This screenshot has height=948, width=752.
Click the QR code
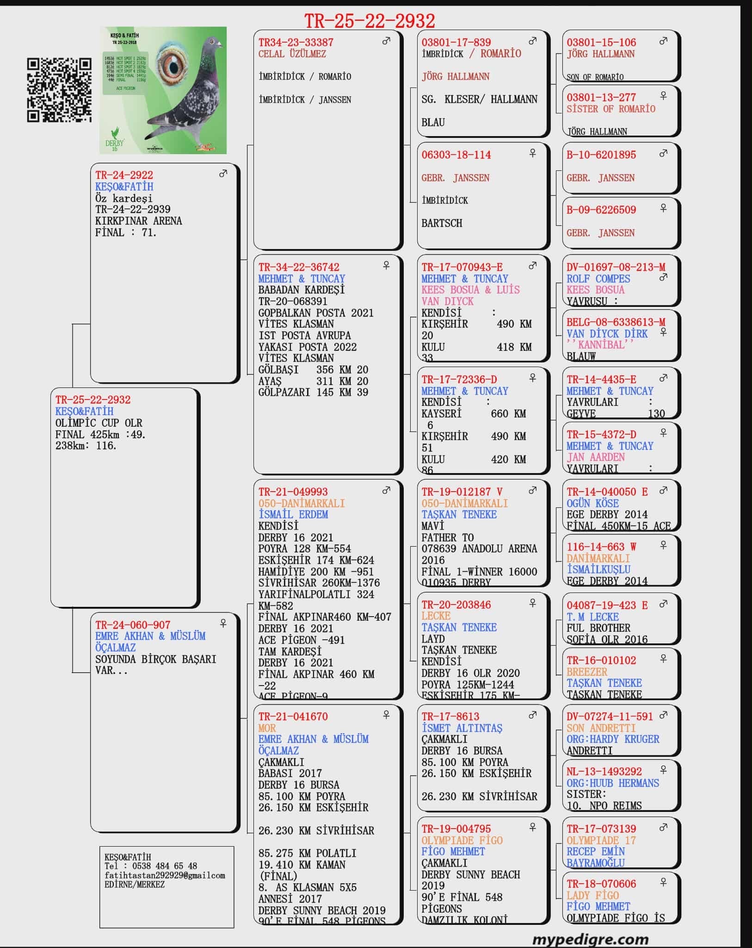(x=59, y=90)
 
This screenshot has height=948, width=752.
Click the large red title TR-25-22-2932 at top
(x=370, y=21)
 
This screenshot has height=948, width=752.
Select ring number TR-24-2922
(x=124, y=175)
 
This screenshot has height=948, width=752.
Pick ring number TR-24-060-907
(x=133, y=625)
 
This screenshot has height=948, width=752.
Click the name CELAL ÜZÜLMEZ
(x=292, y=54)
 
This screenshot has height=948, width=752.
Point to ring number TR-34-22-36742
(x=299, y=267)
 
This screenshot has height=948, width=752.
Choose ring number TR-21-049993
(x=293, y=492)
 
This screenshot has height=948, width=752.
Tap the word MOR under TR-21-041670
(x=267, y=728)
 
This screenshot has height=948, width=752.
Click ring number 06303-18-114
(x=456, y=155)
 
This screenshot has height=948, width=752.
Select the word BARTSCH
(x=442, y=223)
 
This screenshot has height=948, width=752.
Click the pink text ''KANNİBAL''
(x=600, y=345)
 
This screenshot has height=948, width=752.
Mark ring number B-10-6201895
(x=601, y=155)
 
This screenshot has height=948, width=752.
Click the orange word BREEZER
(x=586, y=672)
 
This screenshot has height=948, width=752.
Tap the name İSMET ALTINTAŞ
(x=462, y=728)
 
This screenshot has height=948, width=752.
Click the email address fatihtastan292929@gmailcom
(x=165, y=875)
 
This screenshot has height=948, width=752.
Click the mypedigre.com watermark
(x=590, y=939)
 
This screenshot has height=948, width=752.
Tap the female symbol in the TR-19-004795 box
(x=532, y=827)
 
